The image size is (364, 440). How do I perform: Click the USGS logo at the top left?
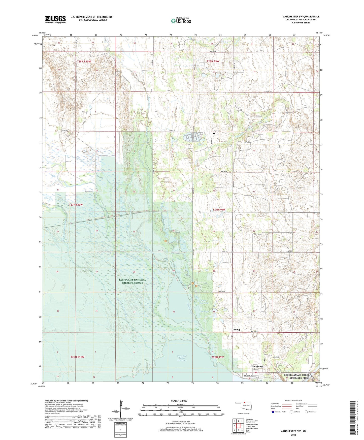(55, 19)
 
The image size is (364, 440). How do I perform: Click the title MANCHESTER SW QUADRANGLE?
(301, 17)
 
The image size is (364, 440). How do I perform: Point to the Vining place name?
(236, 330)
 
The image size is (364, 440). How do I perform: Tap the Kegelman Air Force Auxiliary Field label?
(296, 376)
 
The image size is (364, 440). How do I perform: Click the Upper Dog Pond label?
(202, 302)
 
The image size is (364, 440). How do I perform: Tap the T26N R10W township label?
(77, 357)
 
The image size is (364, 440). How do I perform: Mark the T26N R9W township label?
(218, 357)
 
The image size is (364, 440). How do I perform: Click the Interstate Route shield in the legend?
(273, 412)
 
